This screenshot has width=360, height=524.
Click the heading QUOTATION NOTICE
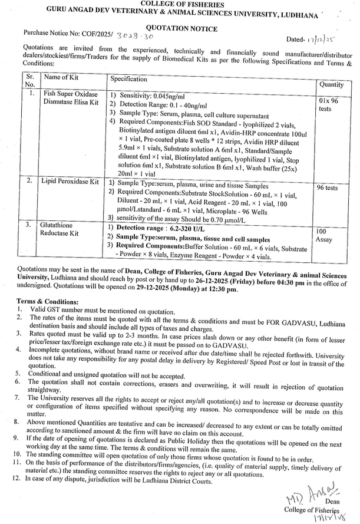pyautogui.click(x=181, y=28)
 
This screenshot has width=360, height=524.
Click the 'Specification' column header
pyautogui.click(x=129, y=78)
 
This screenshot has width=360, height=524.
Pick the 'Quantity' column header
pyautogui.click(x=332, y=84)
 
